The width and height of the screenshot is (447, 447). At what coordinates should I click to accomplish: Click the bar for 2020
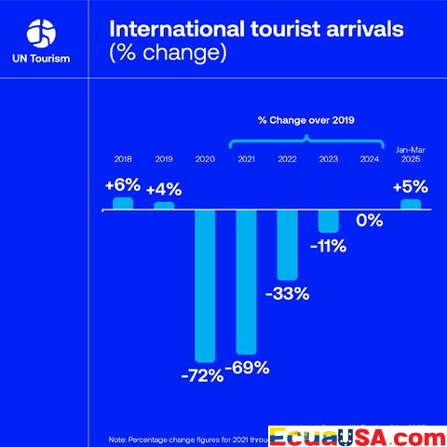click(205, 284)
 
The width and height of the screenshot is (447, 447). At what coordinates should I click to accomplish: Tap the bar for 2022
click(287, 245)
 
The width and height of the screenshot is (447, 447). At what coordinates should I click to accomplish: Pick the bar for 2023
click(329, 221)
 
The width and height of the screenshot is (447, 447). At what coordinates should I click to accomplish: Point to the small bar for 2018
click(123, 203)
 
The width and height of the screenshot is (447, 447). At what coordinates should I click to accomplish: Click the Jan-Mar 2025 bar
click(411, 204)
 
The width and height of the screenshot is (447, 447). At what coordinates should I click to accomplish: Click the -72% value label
click(202, 376)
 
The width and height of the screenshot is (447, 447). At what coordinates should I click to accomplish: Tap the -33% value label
click(288, 293)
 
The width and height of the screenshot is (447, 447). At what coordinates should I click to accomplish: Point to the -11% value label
click(329, 247)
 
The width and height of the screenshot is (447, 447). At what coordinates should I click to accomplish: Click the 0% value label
click(370, 221)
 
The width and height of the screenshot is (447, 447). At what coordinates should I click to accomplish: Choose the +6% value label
click(123, 184)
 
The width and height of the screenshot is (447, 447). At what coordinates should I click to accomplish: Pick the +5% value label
click(411, 185)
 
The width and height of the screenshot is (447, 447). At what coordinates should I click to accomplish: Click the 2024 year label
click(370, 160)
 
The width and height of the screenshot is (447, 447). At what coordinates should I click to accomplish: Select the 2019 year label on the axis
click(164, 160)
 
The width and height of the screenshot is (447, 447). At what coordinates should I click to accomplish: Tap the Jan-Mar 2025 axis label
click(411, 155)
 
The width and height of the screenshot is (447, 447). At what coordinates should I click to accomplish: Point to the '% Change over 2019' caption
click(306, 120)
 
